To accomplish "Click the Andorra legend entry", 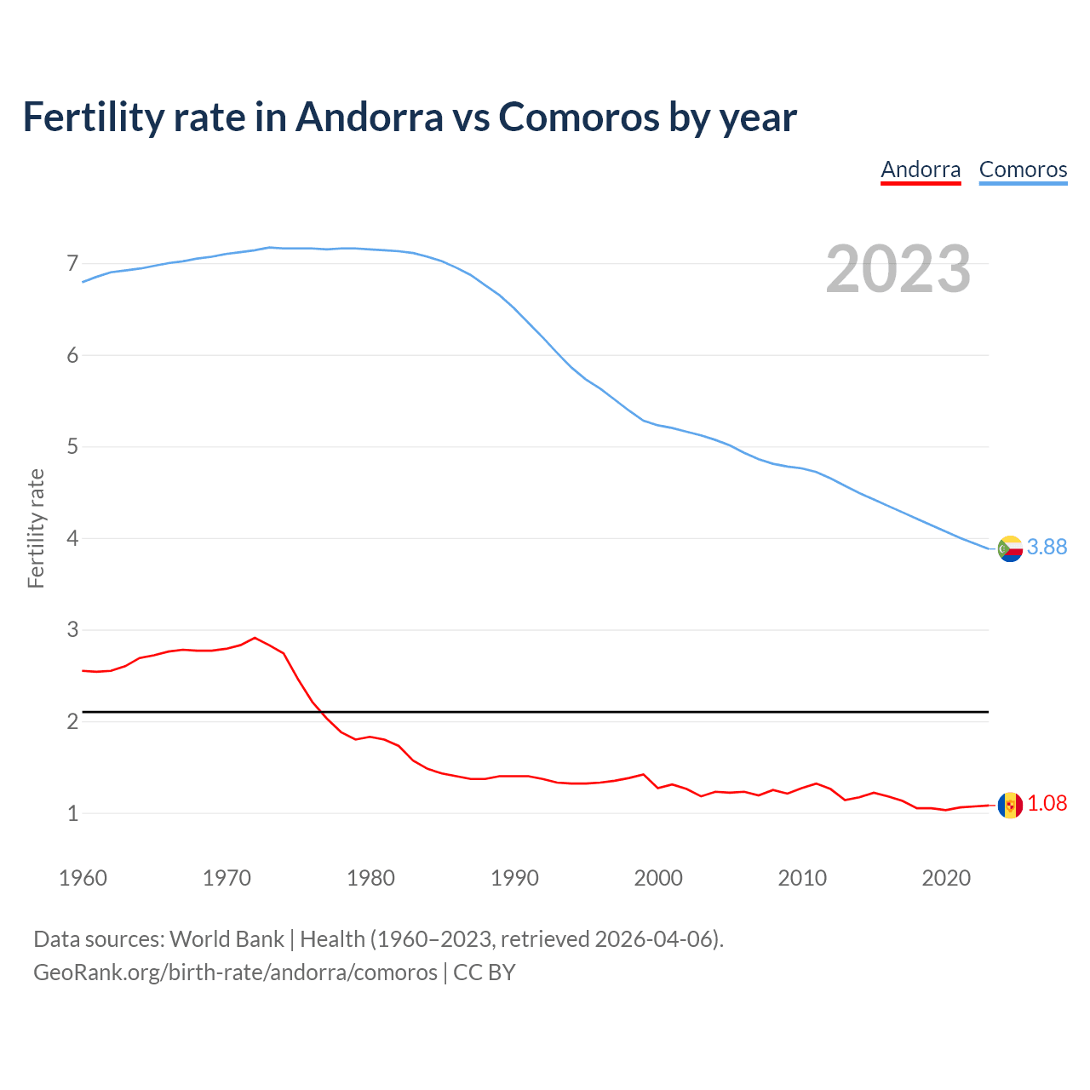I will pyautogui.click(x=921, y=169).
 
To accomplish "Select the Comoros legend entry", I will pyautogui.click(x=1023, y=169).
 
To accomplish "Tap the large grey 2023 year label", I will pyautogui.click(x=898, y=269).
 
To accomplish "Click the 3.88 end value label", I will pyautogui.click(x=1047, y=548).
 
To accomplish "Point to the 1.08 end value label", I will pyautogui.click(x=1047, y=804).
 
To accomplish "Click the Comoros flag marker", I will pyautogui.click(x=1010, y=548).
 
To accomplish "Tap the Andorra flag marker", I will pyautogui.click(x=1010, y=805).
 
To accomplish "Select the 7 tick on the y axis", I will pyautogui.click(x=72, y=264).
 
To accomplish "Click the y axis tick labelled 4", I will pyautogui.click(x=72, y=539).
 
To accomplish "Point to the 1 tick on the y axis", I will pyautogui.click(x=72, y=814).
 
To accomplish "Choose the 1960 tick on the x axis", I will pyautogui.click(x=83, y=878).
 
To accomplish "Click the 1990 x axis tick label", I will pyautogui.click(x=514, y=878).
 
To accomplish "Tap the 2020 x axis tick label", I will pyautogui.click(x=946, y=878).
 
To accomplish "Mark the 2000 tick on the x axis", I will pyautogui.click(x=658, y=878).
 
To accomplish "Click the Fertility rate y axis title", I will pyautogui.click(x=36, y=528).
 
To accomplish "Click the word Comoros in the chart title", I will pyautogui.click(x=578, y=117).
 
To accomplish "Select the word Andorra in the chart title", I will pyautogui.click(x=370, y=117).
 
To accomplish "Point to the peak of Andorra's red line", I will pyautogui.click(x=255, y=638).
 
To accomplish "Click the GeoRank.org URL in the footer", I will pyautogui.click(x=235, y=972).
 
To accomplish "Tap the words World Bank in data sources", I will pyautogui.click(x=227, y=939).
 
